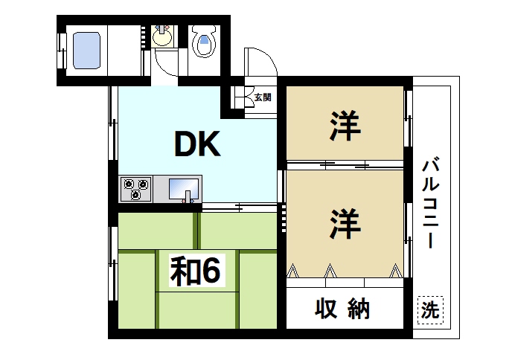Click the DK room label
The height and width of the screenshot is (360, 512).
pyautogui.click(x=197, y=145)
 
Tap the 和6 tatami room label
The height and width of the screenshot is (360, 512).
pyautogui.click(x=195, y=272)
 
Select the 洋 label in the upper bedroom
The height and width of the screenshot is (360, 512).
pyautogui.click(x=345, y=126)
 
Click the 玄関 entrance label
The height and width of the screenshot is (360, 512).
pyautogui.click(x=262, y=97)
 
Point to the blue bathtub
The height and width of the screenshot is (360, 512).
pyautogui.click(x=87, y=48)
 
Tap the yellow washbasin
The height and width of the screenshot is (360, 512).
pyautogui.click(x=162, y=34)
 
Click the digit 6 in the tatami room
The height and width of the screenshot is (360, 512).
pyautogui.click(x=210, y=272)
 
